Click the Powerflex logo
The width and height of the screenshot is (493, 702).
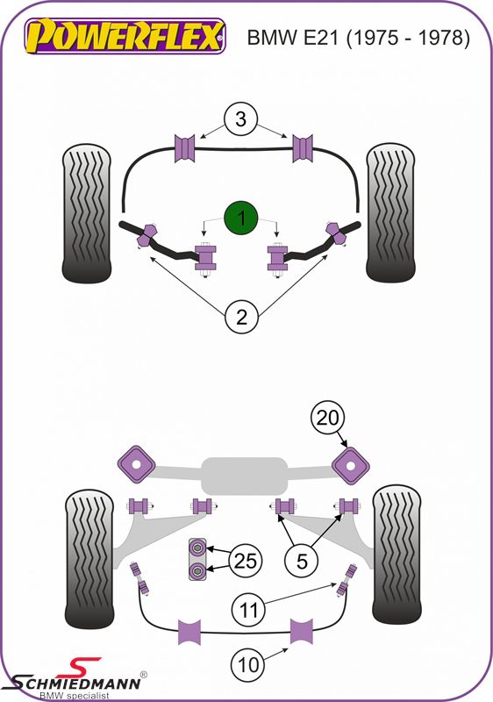point(125,36)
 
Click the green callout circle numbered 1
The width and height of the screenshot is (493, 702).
point(241,218)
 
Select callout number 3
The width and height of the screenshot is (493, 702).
point(241,119)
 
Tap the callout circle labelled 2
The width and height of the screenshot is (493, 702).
point(241,317)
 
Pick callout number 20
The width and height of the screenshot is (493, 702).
point(328,418)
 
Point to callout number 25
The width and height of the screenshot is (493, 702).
point(245,561)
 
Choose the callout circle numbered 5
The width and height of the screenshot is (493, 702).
point(302,561)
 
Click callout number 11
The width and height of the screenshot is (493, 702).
point(249,610)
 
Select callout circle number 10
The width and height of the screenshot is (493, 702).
point(248,664)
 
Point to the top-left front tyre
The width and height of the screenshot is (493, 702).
point(86,213)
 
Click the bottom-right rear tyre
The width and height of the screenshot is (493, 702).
point(397,555)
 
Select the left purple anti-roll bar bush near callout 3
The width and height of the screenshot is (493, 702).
point(184,148)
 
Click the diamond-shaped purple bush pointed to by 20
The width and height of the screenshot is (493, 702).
point(351,466)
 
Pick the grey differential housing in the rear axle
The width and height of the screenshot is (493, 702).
point(244,476)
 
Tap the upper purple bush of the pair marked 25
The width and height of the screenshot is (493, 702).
point(196,547)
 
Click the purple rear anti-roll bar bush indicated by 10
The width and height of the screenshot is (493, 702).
point(302,631)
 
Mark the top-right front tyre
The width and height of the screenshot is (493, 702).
point(390,213)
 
